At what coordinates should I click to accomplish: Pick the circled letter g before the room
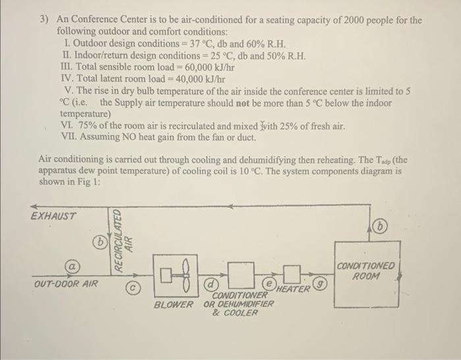click(321, 284)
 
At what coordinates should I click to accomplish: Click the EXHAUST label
click(53, 216)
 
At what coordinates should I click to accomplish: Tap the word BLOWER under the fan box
click(174, 305)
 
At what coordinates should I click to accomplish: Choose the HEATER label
click(294, 289)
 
